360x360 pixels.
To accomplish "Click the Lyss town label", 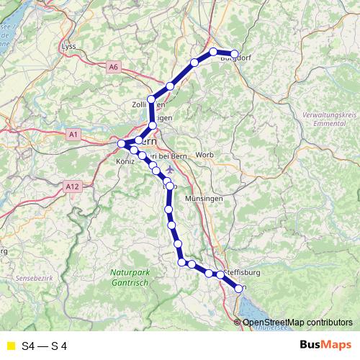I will pos(69,47).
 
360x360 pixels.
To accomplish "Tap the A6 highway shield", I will pos(113,67).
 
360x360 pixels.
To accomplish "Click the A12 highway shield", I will pos(71,186).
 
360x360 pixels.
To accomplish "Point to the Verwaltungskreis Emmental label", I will pos(330,119).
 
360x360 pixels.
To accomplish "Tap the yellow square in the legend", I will pos(10,346).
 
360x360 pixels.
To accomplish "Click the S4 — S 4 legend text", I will pos(45,346).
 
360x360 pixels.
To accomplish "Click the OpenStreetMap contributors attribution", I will pos(297,322).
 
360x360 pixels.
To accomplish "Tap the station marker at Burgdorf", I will pos(234,53).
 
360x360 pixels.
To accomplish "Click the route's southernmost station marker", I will pos(240,289).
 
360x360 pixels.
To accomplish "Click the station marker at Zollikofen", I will pos(151,99).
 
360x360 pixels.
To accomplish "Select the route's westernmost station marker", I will pos(122,145).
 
